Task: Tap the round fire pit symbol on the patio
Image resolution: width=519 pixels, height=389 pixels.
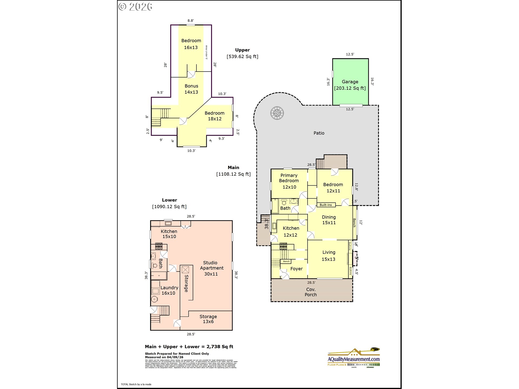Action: (x=277, y=113)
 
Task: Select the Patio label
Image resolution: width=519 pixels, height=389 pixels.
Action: (x=319, y=133)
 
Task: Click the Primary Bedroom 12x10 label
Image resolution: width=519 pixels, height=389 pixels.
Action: (x=289, y=181)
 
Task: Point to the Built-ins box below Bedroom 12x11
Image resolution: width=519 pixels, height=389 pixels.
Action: (x=326, y=205)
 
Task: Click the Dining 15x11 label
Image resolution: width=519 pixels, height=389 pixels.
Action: (x=329, y=220)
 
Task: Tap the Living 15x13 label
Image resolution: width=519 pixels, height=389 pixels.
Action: (x=328, y=256)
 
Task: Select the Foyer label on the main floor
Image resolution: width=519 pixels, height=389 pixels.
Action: (x=296, y=269)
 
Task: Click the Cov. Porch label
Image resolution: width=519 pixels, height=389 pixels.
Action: (x=311, y=292)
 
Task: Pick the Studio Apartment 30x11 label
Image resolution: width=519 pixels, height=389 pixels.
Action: (x=211, y=268)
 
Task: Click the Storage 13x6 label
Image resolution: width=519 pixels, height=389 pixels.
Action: (x=208, y=319)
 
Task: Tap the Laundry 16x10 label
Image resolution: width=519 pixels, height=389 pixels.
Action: (x=169, y=290)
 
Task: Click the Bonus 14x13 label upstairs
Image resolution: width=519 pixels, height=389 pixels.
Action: (x=191, y=89)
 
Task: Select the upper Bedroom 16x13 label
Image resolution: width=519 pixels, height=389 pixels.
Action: (x=191, y=44)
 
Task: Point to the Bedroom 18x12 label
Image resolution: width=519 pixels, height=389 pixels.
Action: (x=214, y=116)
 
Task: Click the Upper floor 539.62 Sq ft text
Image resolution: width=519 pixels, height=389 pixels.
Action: (x=242, y=56)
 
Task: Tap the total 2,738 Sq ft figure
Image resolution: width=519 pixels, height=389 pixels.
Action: (x=219, y=347)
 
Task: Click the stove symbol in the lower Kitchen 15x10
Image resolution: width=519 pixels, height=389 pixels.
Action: (x=159, y=246)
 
